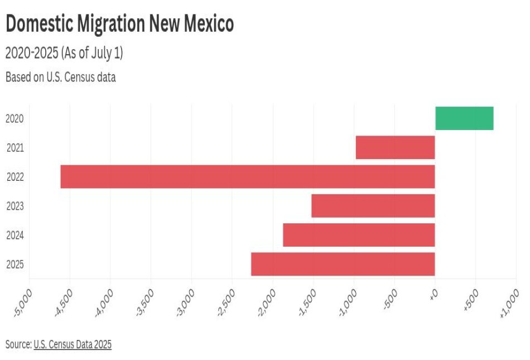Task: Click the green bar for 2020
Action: coord(464,118)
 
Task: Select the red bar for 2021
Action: coord(395,147)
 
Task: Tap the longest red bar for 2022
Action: coord(247,176)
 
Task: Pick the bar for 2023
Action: coord(373,206)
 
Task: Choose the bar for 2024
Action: coord(359,235)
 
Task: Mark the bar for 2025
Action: coord(343,264)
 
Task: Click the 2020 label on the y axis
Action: coord(15,118)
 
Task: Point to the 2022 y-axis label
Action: coord(15,177)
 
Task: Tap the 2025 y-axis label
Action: coord(15,265)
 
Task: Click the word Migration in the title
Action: coord(107,24)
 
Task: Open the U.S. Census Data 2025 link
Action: coord(73,344)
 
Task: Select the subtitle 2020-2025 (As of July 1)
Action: coord(64,54)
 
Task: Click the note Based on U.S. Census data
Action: coord(60,77)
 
